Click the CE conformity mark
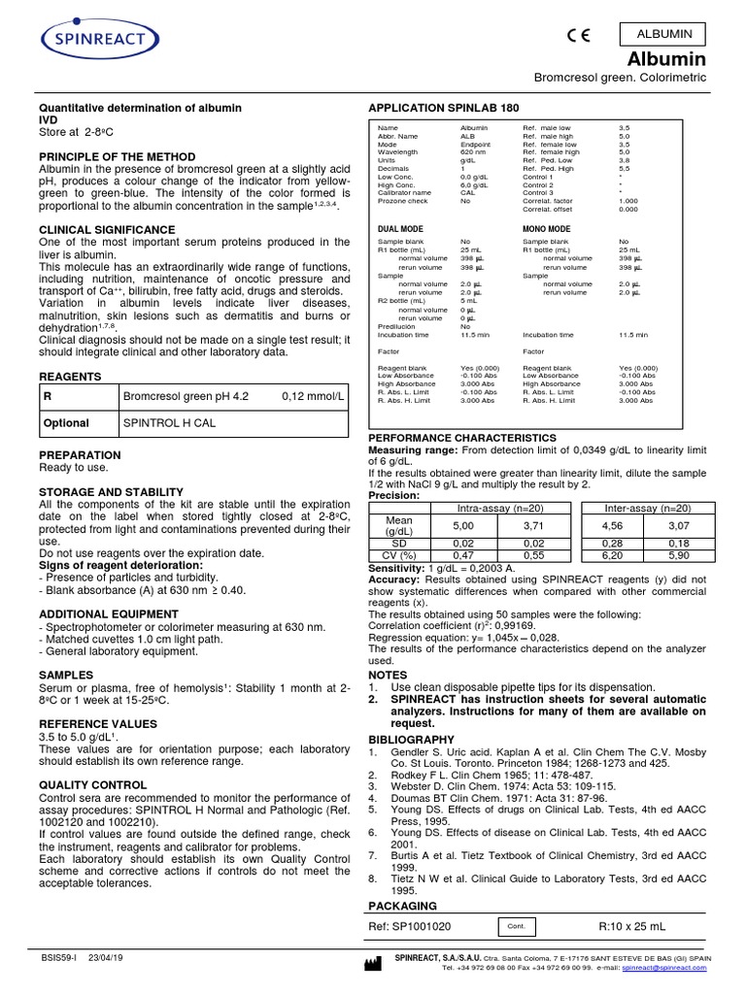coord(580,38)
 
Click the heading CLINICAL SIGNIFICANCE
coord(106,229)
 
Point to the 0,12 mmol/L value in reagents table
coord(312,396)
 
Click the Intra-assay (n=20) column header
coord(499,508)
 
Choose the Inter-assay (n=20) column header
coord(648,508)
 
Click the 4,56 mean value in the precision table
coord(613,525)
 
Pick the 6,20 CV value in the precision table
coord(613,555)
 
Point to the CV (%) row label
coord(399,555)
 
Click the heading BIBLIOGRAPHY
coord(411,739)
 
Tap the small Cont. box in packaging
coord(515,927)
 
